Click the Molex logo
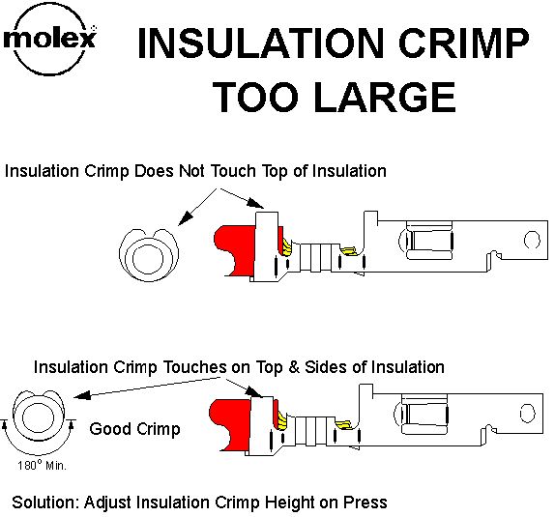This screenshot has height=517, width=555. coord(50,40)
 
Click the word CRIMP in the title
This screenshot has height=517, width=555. coord(464,43)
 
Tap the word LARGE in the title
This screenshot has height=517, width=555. coord(385,97)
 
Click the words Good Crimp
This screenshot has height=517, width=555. coord(134,429)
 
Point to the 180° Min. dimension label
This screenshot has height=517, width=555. coord(43,466)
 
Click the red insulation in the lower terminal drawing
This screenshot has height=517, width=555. coord(230,423)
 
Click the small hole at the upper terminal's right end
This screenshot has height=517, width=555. coord(532,240)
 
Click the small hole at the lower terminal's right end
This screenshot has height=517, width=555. coord(527,414)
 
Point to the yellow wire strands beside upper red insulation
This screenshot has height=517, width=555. coord(287,246)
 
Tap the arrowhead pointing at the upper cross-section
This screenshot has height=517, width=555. coord(186,217)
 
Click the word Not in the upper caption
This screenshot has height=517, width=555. coord(191,171)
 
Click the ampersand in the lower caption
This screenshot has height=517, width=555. coord(293,367)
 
